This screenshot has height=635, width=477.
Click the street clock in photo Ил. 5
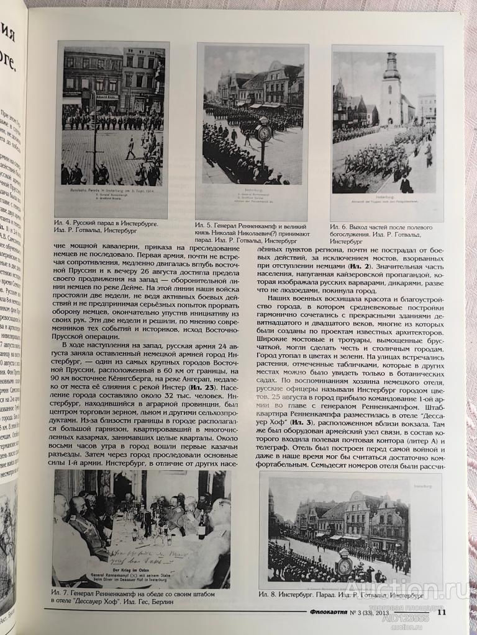(x=264, y=133)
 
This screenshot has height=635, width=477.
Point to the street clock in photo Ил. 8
(x=344, y=564)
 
